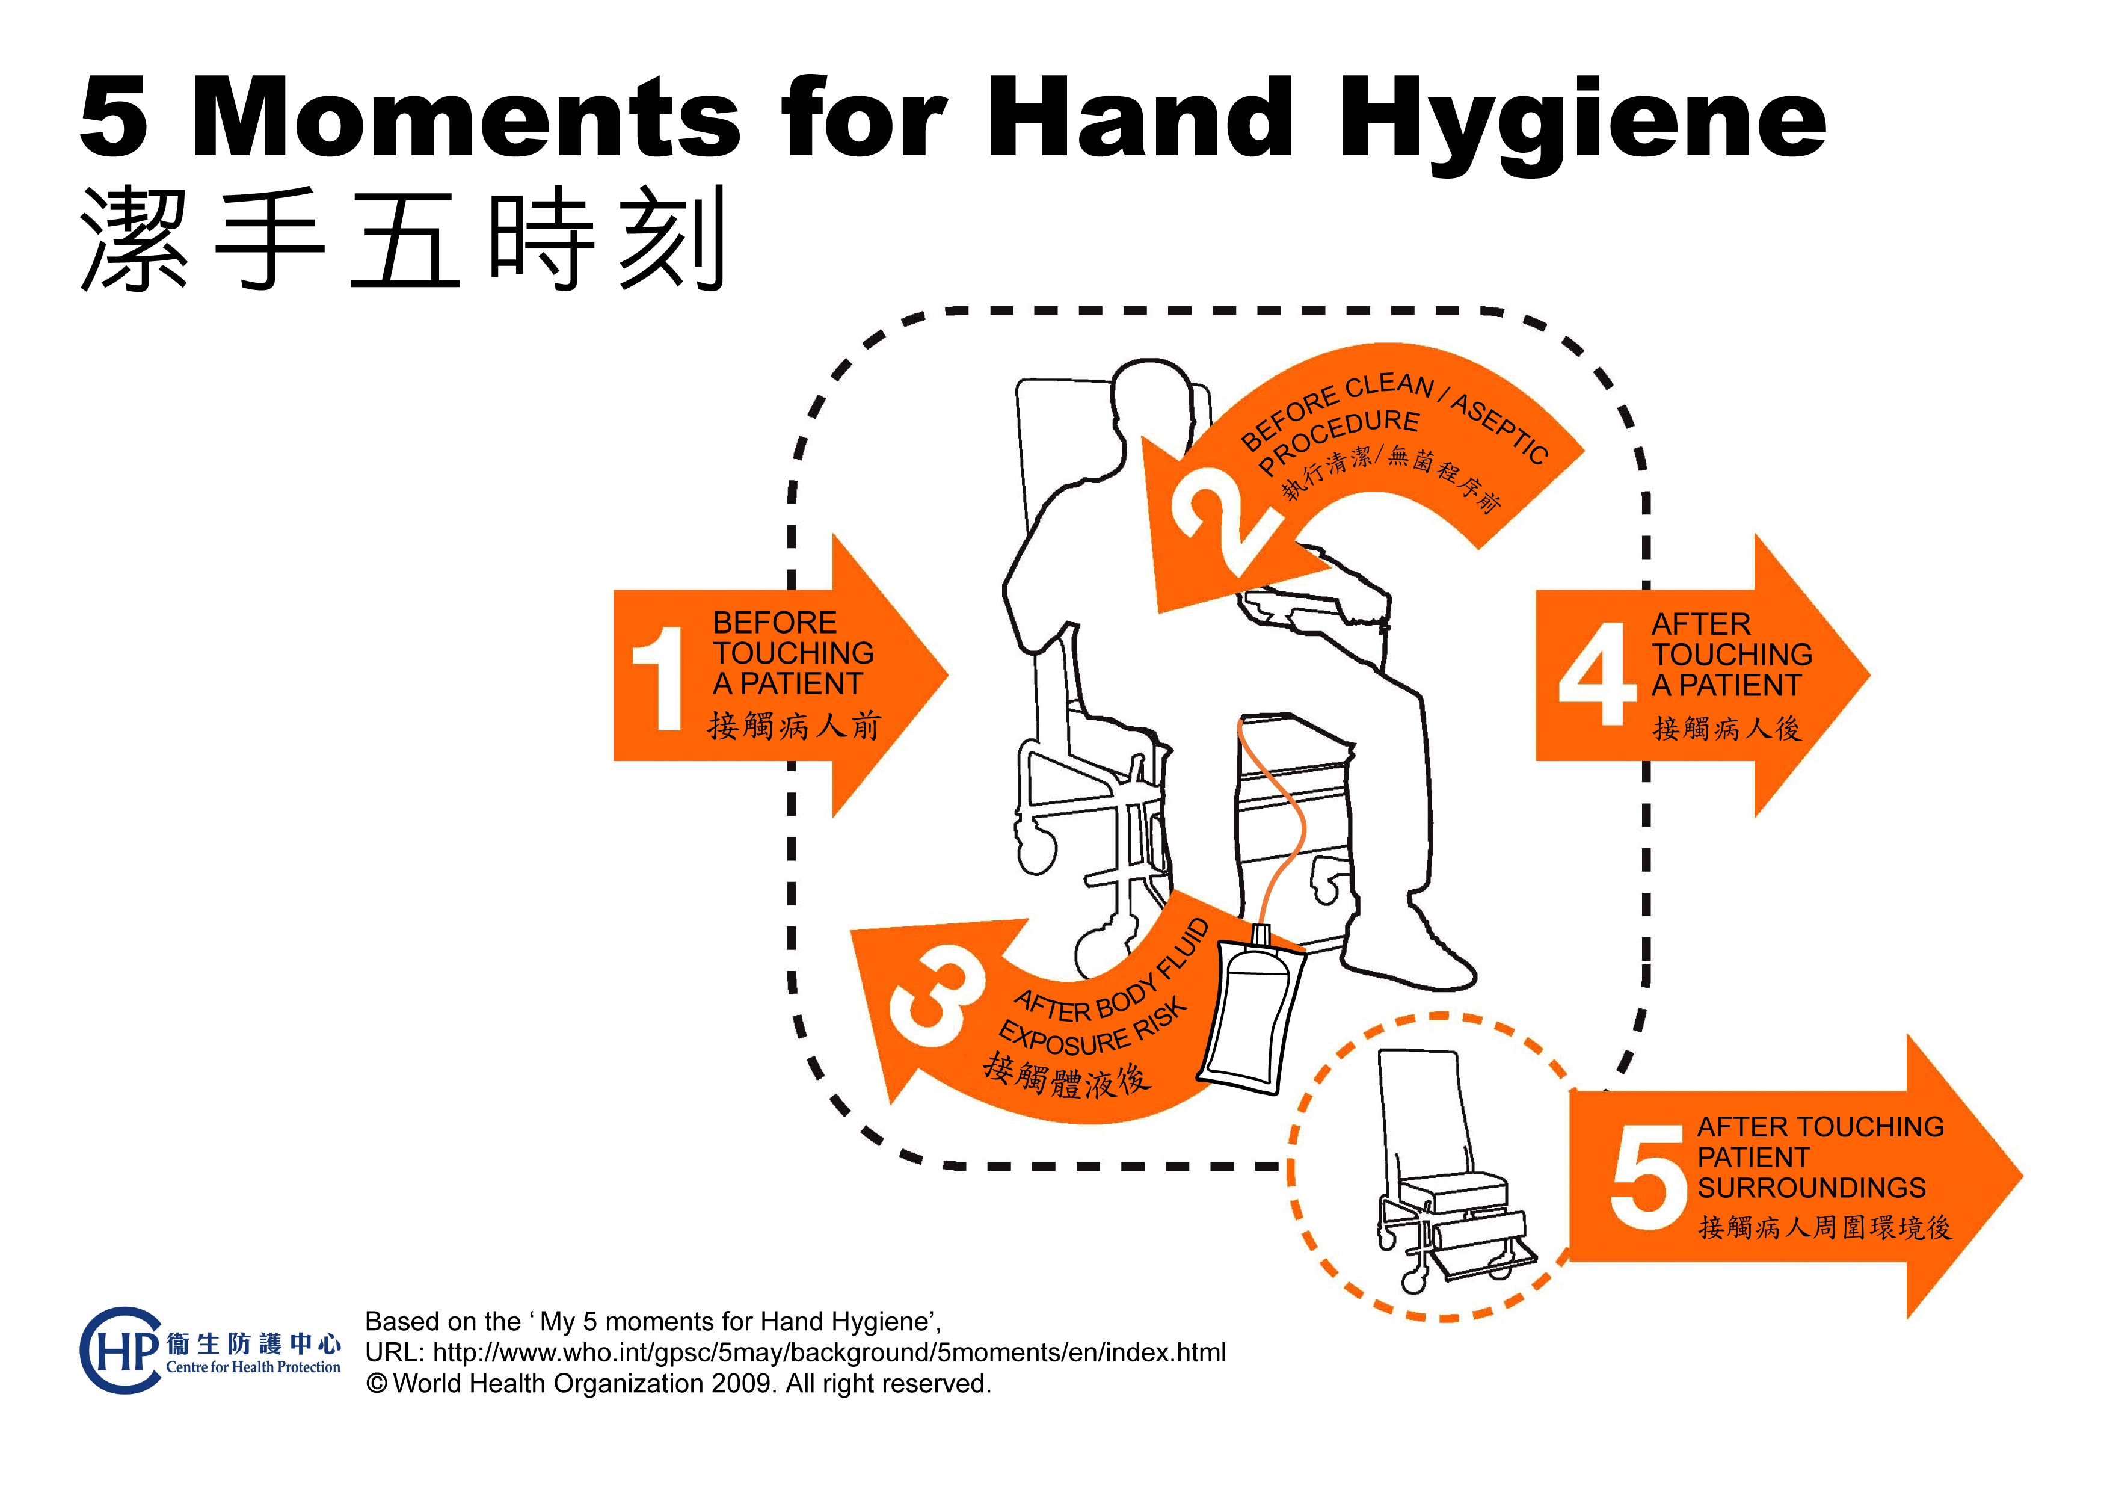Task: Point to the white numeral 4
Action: (1596, 674)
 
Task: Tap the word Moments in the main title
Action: (465, 118)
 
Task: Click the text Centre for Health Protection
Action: (254, 1367)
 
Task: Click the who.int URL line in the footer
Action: (796, 1353)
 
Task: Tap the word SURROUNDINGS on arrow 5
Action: (1811, 1188)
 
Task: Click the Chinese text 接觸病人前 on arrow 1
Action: (794, 726)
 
